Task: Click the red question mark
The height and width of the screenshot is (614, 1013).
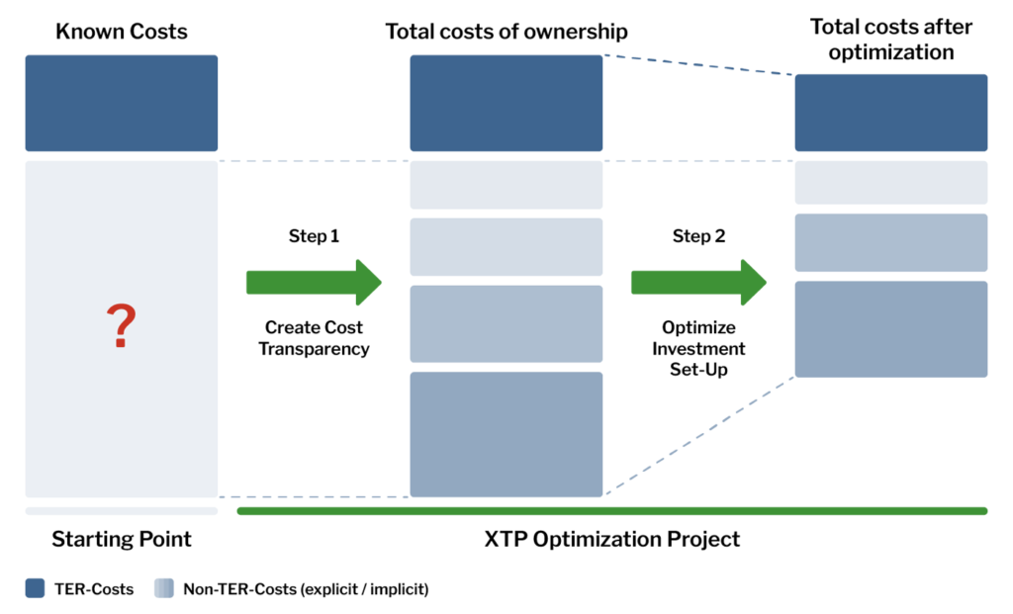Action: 121,327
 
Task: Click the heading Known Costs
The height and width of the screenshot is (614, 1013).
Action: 121,32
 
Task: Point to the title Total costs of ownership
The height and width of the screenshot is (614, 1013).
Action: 506,32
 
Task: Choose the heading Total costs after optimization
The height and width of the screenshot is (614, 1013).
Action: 890,39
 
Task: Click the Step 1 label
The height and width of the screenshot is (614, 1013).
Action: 314,236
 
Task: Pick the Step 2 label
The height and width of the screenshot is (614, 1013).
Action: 698,236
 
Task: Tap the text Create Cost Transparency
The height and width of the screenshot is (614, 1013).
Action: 314,338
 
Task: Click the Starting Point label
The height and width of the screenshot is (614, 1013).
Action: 121,540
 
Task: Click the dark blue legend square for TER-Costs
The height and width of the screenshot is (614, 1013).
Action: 36,589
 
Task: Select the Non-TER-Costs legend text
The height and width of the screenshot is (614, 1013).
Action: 305,589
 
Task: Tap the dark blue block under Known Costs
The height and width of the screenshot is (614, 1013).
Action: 121,103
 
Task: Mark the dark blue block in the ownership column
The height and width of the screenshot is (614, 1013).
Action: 506,103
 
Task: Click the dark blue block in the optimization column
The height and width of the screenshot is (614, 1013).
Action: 890,113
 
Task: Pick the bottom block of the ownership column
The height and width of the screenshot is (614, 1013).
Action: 506,434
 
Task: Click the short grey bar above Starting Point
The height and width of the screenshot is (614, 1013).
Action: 121,511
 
